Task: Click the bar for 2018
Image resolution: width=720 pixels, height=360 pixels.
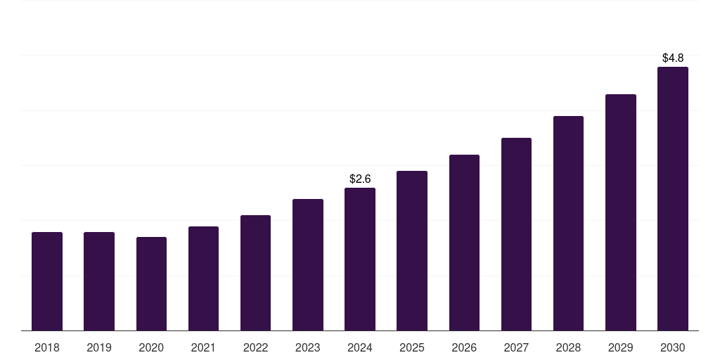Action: tap(47, 281)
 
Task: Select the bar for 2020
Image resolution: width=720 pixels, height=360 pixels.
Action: tap(151, 284)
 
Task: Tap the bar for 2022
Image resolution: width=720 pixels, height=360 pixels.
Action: tap(255, 273)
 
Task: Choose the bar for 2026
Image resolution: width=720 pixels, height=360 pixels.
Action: tap(464, 243)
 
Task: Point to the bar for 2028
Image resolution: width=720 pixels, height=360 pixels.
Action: tap(568, 223)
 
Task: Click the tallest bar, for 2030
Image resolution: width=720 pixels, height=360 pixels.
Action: tap(673, 198)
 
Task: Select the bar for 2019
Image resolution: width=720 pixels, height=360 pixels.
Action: tap(99, 281)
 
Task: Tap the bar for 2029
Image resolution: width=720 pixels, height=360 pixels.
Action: tap(621, 212)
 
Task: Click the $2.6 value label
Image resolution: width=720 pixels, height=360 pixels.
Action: tap(360, 179)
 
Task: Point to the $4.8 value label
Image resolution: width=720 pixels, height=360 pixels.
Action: tap(673, 58)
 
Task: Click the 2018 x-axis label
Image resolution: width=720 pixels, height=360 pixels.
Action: tap(47, 347)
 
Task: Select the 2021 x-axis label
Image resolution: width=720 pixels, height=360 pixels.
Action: tap(203, 347)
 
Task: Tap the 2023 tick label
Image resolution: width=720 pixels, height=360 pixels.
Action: tap(308, 347)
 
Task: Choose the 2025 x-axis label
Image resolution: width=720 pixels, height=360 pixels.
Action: tap(412, 347)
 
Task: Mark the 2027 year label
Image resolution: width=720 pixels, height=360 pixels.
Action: tap(516, 347)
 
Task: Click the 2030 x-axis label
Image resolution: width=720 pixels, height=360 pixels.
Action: tap(673, 347)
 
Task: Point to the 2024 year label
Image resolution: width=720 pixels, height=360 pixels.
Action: tap(360, 347)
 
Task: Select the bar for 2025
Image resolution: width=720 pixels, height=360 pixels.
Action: tap(412, 250)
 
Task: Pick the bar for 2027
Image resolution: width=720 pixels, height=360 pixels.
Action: tap(516, 234)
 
